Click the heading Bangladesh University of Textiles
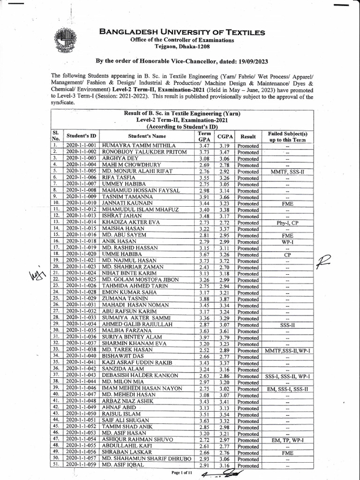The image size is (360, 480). [x=182, y=32]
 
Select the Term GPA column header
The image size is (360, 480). [x=204, y=136]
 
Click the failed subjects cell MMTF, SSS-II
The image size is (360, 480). [x=287, y=172]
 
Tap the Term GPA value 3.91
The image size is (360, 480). [x=204, y=198]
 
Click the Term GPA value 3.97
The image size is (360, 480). [x=204, y=337]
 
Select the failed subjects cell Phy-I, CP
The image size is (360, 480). [x=287, y=223]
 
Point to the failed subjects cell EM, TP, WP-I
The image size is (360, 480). [x=287, y=441]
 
